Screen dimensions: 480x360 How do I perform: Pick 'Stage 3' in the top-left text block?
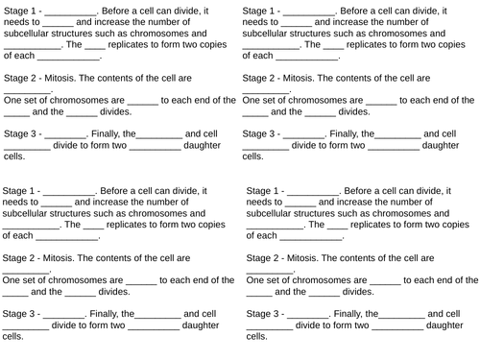21,132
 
